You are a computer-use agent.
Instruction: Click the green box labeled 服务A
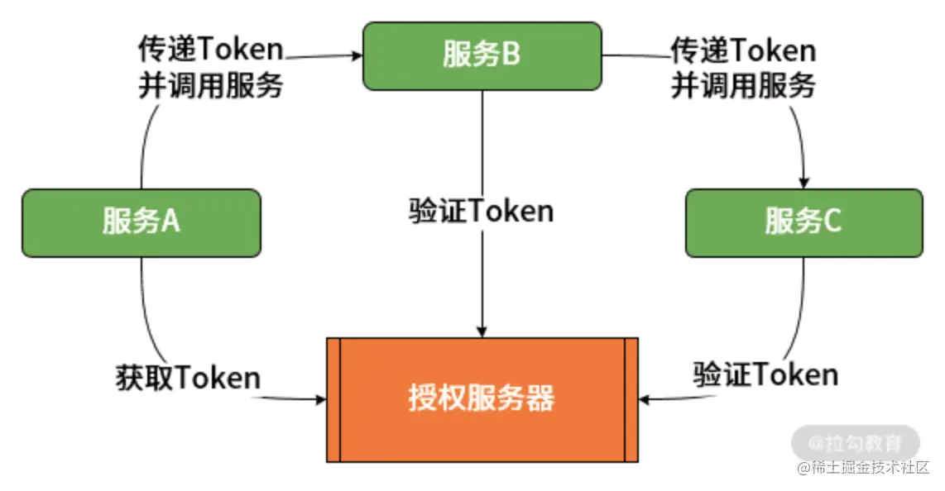click(x=141, y=222)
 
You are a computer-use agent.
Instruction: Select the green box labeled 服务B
click(x=482, y=55)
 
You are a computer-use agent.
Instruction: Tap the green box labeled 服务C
click(x=803, y=222)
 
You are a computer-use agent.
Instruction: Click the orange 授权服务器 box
click(x=482, y=399)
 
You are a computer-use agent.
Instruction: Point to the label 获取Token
click(x=188, y=378)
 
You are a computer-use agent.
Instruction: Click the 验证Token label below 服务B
click(x=481, y=211)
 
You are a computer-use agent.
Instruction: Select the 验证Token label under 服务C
click(x=765, y=374)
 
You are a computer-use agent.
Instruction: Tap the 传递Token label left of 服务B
click(x=210, y=50)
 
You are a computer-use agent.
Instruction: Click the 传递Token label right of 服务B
click(x=742, y=50)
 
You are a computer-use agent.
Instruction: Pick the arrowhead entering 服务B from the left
click(x=357, y=55)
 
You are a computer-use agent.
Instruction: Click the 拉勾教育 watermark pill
click(x=855, y=442)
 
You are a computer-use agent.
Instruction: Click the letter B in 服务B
click(x=511, y=55)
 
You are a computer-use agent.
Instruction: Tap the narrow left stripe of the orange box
click(x=333, y=399)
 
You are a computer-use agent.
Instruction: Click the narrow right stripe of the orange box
click(x=631, y=399)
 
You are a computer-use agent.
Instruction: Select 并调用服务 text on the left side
click(x=210, y=85)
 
